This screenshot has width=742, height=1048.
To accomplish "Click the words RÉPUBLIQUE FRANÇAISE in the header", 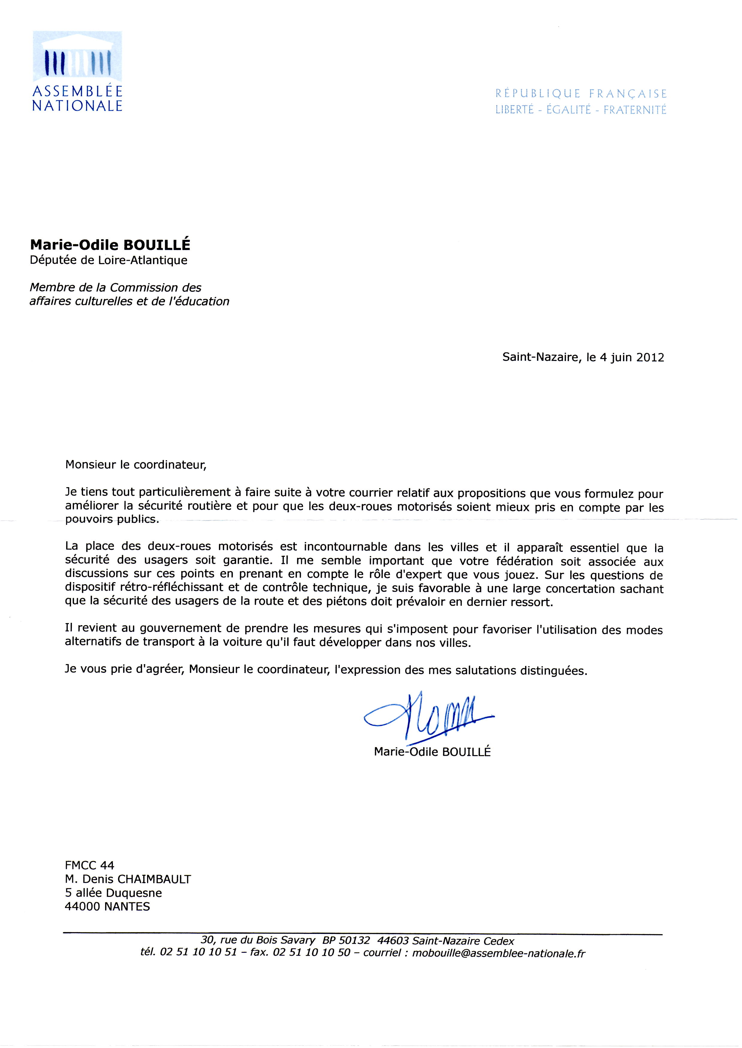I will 581,94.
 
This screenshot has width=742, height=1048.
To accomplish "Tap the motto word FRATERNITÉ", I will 635,110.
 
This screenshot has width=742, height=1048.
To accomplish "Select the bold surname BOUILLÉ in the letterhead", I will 157,245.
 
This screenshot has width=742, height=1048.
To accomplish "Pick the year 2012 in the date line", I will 650,357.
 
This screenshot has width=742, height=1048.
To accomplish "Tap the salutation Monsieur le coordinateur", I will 136,465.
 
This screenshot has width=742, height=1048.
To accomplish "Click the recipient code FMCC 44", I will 90,865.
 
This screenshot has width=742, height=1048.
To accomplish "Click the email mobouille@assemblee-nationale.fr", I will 498,953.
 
